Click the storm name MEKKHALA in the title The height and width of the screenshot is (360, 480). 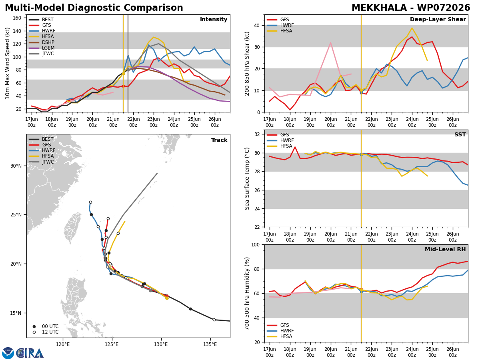coord(379,8)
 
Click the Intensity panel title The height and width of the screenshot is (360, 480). coord(214,20)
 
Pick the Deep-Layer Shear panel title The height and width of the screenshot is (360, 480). coord(438,20)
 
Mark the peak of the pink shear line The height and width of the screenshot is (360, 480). coord(330,42)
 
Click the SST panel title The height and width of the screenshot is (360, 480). coord(460,134)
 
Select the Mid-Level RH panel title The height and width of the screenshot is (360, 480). coord(445,249)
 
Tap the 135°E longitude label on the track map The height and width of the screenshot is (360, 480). coord(210,345)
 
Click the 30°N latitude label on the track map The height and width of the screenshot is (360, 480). coord(16,166)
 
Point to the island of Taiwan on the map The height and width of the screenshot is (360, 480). coord(72,227)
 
